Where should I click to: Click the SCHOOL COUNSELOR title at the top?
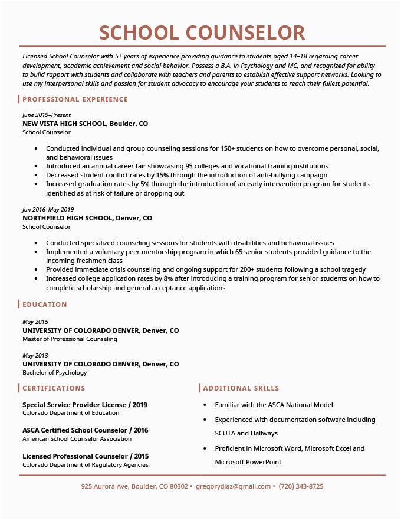[x=202, y=32]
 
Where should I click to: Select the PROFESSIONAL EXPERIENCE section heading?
[x=75, y=99]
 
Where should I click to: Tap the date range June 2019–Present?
[x=47, y=115]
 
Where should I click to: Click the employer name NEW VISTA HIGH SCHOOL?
[x=64, y=123]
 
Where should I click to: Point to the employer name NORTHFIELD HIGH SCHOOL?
[x=67, y=218]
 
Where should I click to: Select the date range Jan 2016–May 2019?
[x=48, y=209]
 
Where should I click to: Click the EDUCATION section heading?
[x=45, y=304]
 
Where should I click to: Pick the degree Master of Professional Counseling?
[x=70, y=339]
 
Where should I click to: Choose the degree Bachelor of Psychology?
[x=54, y=373]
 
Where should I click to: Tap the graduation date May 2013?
[x=35, y=355]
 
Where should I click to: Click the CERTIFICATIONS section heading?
[x=54, y=388]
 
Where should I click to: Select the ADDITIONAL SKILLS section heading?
[x=241, y=388]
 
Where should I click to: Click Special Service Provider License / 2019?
[x=85, y=405]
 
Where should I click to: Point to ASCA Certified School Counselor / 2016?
[x=86, y=430]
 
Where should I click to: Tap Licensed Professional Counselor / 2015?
[x=86, y=456]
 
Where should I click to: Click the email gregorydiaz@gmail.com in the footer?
[x=233, y=486]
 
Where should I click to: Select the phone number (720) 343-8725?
[x=301, y=486]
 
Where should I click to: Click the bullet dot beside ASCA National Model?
[x=204, y=405]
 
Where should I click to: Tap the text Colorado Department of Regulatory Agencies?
[x=86, y=465]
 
